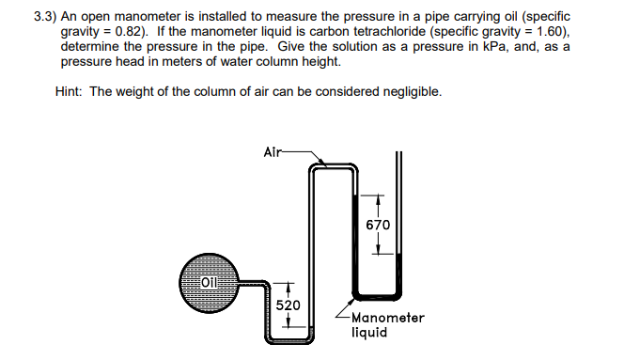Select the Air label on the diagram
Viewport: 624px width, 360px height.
(x=272, y=149)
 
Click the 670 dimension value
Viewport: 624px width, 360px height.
(x=379, y=226)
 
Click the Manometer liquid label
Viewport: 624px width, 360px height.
(x=387, y=324)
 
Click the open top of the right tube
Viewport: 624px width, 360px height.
(x=398, y=154)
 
